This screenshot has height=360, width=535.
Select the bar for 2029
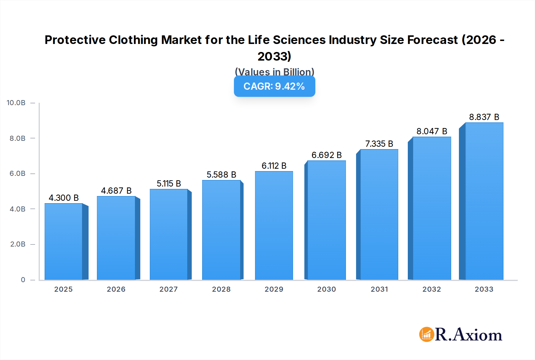(274, 226)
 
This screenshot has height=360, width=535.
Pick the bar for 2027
(169, 235)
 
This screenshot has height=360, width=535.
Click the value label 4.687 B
(116, 191)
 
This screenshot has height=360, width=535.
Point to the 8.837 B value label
(484, 117)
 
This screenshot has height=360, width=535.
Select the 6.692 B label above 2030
(326, 155)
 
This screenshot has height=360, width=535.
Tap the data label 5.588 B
(221, 175)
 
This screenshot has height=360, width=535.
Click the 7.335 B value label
(379, 144)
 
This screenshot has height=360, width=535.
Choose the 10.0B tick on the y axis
(16, 103)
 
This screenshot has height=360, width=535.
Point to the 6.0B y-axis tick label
(18, 173)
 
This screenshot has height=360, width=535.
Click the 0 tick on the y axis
(23, 280)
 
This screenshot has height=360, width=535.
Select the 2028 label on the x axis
(221, 289)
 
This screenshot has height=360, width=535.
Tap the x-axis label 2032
(432, 289)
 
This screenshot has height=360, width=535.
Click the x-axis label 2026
(116, 289)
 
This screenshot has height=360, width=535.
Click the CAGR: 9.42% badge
(274, 86)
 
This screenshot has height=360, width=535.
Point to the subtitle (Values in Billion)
(274, 72)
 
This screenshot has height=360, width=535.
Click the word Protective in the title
(75, 40)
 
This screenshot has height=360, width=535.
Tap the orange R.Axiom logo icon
(427, 334)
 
